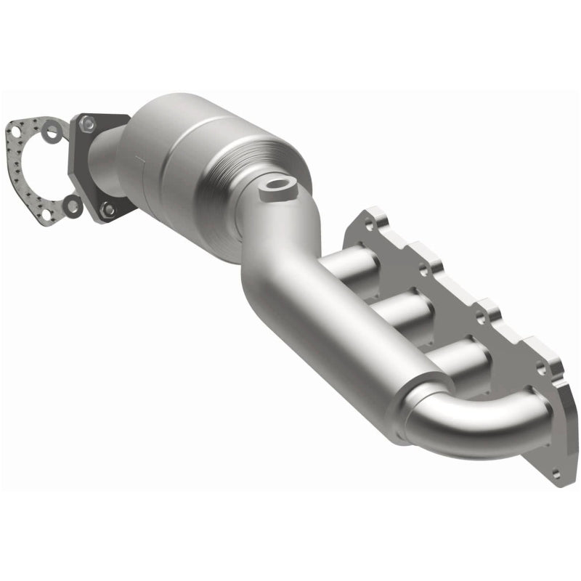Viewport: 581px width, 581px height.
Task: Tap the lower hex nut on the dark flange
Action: click(x=107, y=209)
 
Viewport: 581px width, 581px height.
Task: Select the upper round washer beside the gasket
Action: click(x=48, y=132)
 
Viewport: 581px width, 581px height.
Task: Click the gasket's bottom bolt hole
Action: click(x=51, y=215)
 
